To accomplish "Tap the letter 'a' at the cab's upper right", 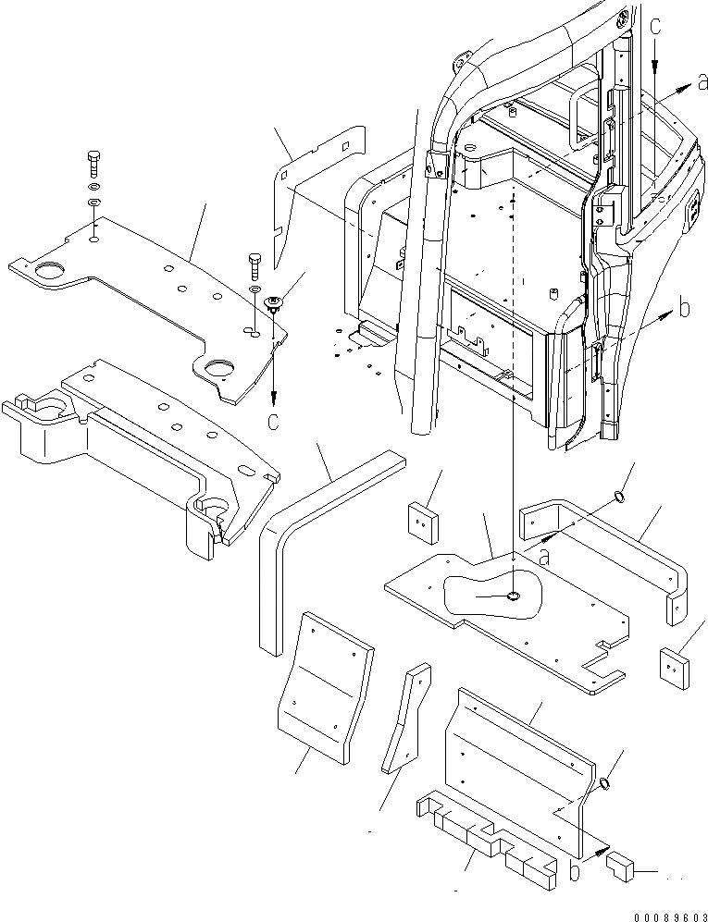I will pyautogui.click(x=702, y=83).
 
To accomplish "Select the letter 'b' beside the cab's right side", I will pyautogui.click(x=684, y=309).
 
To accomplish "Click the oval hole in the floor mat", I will pyautogui.click(x=514, y=596).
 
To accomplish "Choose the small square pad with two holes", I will pyautogui.click(x=422, y=521).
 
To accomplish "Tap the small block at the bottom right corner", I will pyautogui.click(x=618, y=868).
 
